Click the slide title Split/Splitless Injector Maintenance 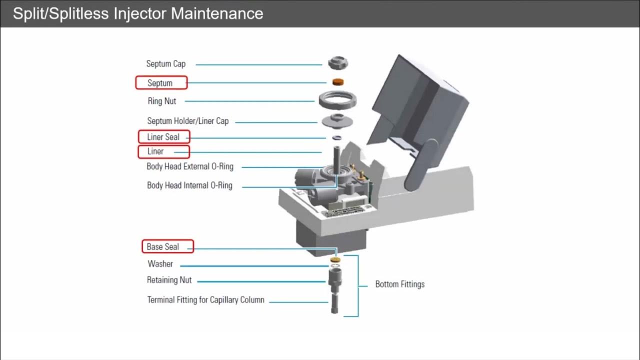[138, 13]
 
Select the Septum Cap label [165, 64]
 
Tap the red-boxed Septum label [160, 83]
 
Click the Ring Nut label [162, 101]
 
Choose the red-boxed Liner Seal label [163, 137]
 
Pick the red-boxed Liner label [156, 151]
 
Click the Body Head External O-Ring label [189, 166]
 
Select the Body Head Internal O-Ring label [189, 185]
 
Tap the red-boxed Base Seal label [163, 247]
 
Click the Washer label [160, 264]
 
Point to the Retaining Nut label [169, 280]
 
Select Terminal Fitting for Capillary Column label [205, 300]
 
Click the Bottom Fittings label [399, 284]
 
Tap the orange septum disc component [338, 81]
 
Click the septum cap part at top [338, 63]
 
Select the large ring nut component [337, 100]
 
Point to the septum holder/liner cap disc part [338, 120]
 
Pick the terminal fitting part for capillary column [334, 303]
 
